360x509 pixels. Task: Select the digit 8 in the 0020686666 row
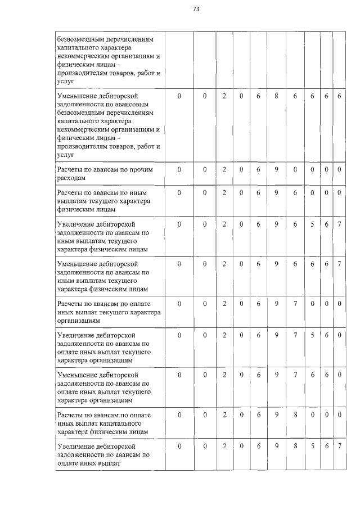coord(277,96)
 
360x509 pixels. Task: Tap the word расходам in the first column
coord(71,178)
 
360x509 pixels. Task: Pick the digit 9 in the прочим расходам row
coord(277,169)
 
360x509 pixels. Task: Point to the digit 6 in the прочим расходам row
coord(258,169)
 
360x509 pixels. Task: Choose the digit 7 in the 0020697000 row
coord(295,304)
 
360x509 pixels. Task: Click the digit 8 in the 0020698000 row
coord(295,415)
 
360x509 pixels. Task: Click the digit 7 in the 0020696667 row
coord(339,263)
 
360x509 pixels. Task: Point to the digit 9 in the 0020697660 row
coord(277,375)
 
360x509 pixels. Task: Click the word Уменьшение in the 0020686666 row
coord(78,96)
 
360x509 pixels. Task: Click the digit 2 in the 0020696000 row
coord(224,193)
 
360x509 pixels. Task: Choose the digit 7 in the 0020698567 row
coord(339,446)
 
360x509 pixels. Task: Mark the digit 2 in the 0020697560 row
coord(224,335)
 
